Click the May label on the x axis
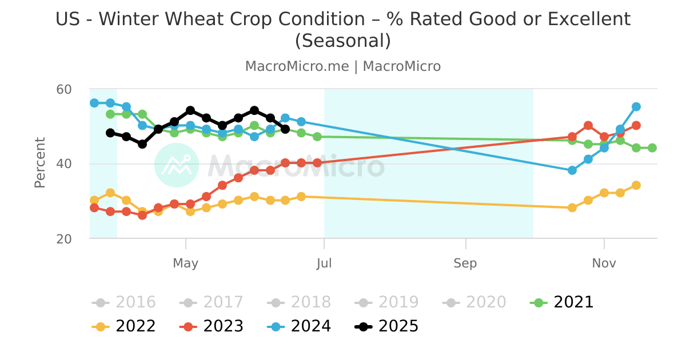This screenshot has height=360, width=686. coord(185,263)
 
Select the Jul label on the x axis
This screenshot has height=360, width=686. coord(324,263)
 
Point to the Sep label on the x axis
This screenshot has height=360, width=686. coord(465,263)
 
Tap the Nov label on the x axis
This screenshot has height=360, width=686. coord(604,263)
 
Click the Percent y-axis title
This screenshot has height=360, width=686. coord(40,163)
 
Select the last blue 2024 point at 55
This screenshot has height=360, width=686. coord(636,107)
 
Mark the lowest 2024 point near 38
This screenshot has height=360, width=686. coord(572,170)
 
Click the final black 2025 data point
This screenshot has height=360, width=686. coord(285,129)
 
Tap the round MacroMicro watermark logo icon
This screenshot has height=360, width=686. coord(177,165)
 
